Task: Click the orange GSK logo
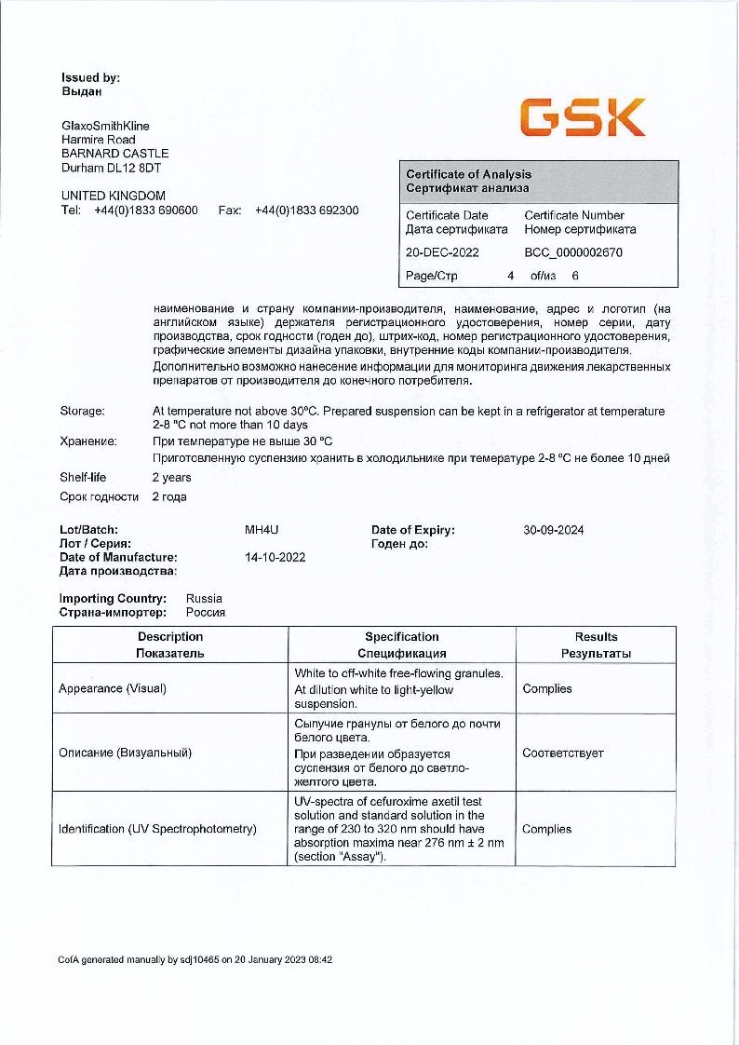[582, 118]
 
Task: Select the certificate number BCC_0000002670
[573, 252]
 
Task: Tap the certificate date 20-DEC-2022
[442, 252]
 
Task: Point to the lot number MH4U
[262, 530]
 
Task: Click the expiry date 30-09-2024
[554, 530]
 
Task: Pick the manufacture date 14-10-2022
[275, 557]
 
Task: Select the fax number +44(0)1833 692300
[306, 210]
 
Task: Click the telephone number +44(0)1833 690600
[146, 210]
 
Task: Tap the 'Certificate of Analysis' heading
[469, 174]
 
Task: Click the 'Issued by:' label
[90, 78]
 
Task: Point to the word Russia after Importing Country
[204, 599]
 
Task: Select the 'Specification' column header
[401, 637]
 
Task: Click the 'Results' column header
[596, 637]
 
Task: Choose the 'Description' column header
[170, 637]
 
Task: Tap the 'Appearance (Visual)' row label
[116, 689]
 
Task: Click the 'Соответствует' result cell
[563, 753]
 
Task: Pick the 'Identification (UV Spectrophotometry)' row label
[157, 829]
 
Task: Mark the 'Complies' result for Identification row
[547, 829]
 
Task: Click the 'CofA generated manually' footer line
[195, 958]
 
